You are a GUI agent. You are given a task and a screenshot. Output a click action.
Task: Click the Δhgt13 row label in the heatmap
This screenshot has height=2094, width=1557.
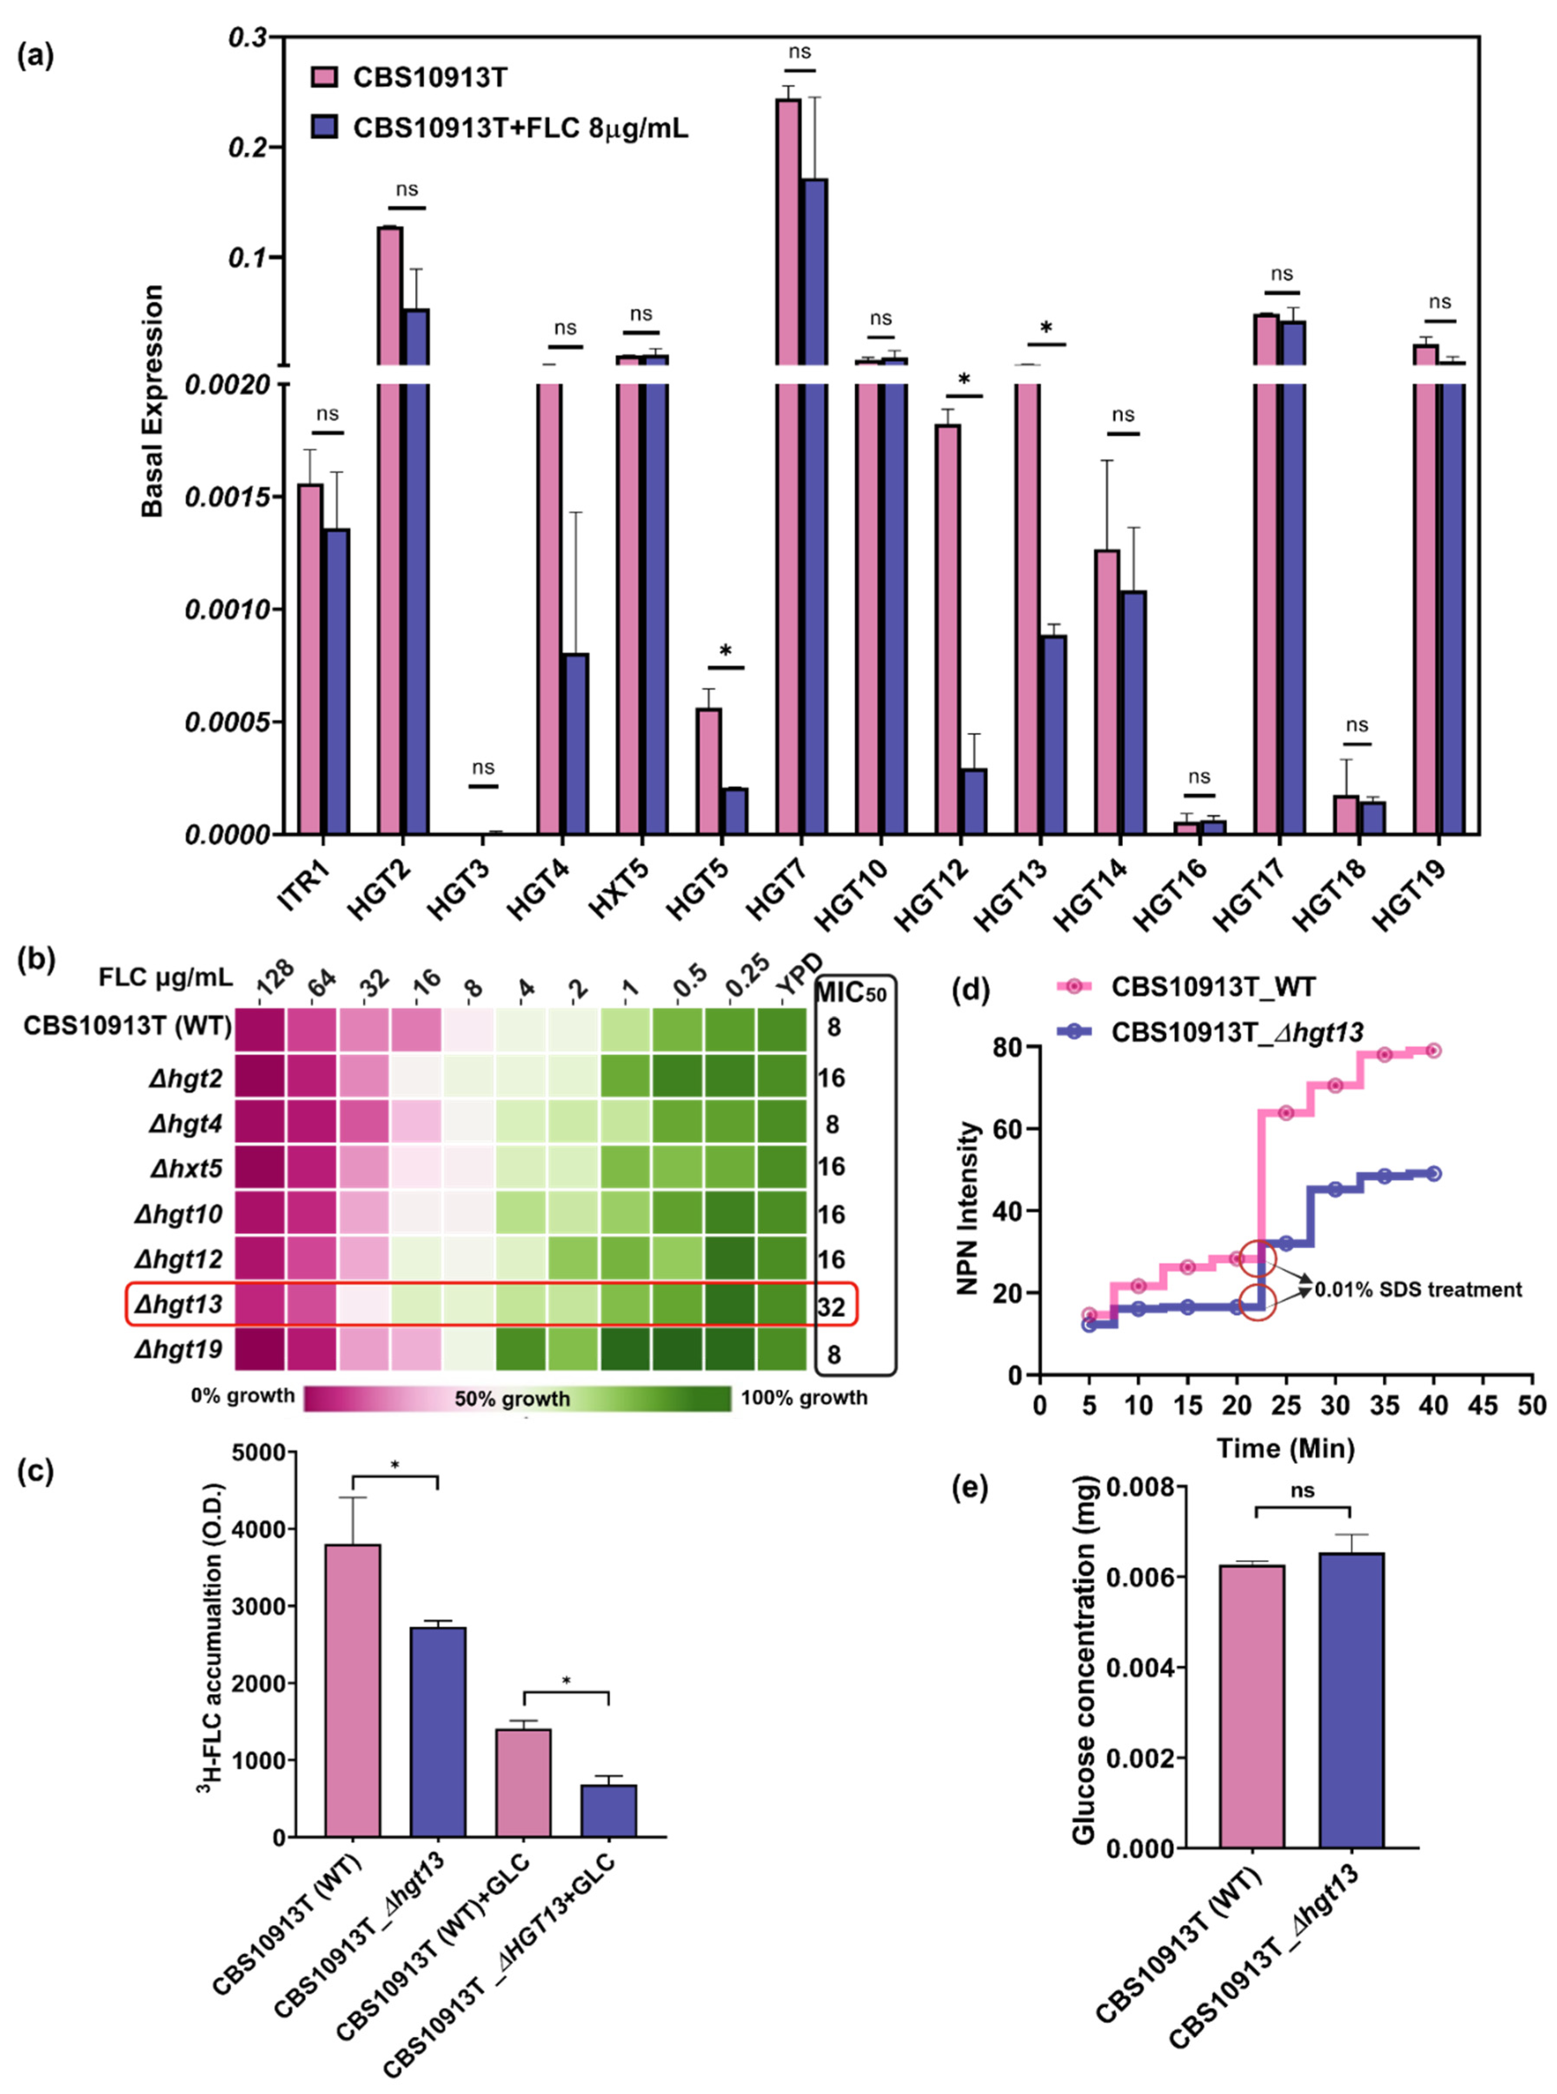click(179, 1304)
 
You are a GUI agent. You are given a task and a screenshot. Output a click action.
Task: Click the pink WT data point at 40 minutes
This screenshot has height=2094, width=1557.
click(1433, 1050)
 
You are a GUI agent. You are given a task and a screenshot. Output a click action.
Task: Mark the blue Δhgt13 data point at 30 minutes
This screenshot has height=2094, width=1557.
click(1335, 1189)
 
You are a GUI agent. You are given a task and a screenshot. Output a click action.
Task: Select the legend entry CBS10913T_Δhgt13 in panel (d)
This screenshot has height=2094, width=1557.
click(1237, 1033)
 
